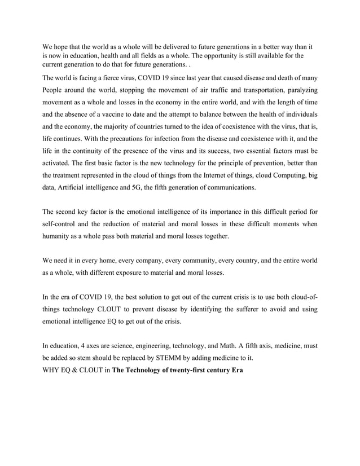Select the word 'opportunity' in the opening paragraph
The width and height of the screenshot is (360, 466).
214,56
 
